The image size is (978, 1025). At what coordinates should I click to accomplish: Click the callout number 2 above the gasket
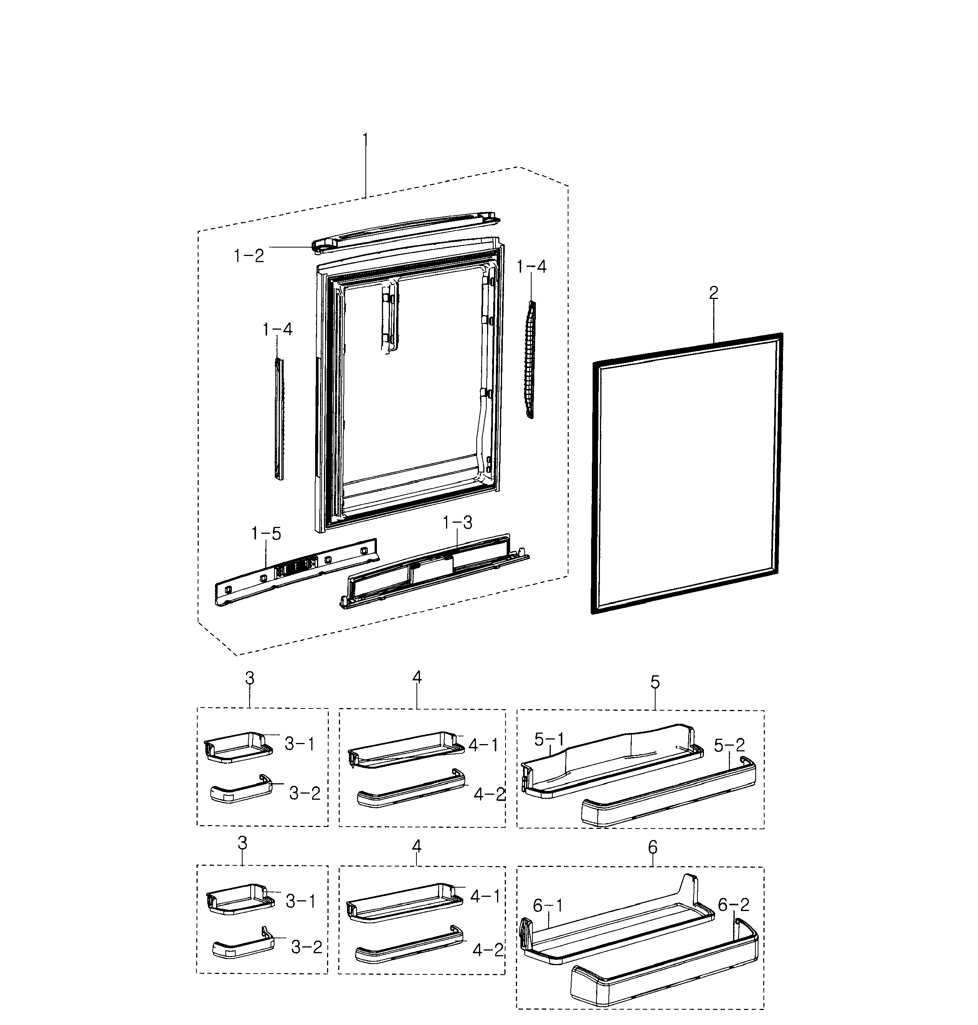tap(714, 293)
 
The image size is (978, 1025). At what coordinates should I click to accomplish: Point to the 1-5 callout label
tap(266, 533)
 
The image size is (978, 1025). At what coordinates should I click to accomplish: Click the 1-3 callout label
tap(457, 523)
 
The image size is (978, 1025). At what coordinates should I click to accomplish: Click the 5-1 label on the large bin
tap(549, 739)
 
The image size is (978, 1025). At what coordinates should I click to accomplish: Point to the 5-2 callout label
tap(729, 745)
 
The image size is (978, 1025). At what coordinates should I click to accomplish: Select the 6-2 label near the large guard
tap(733, 905)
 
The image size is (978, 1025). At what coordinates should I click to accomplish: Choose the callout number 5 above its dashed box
tap(655, 682)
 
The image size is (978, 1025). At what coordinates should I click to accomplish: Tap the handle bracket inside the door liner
tap(388, 318)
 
